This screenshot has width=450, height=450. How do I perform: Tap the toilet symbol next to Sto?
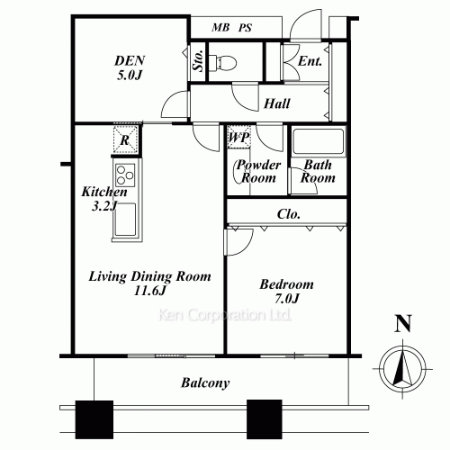pyautogui.click(x=224, y=63)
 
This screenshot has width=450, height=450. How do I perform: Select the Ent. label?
pyautogui.click(x=310, y=61)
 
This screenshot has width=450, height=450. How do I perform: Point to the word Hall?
pyautogui.click(x=276, y=103)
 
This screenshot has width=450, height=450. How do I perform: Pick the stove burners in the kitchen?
pyautogui.click(x=124, y=175)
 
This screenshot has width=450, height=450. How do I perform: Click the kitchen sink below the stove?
pyautogui.click(x=124, y=221)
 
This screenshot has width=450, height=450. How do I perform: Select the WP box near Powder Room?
pyautogui.click(x=238, y=138)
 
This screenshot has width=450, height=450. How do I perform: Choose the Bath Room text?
pyautogui.click(x=319, y=172)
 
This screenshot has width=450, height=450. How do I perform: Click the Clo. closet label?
pyautogui.click(x=289, y=214)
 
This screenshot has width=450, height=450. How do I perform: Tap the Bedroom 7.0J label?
pyautogui.click(x=285, y=291)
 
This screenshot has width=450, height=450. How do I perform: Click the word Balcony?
pyautogui.click(x=205, y=382)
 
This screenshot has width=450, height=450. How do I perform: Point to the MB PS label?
pyautogui.click(x=232, y=28)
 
